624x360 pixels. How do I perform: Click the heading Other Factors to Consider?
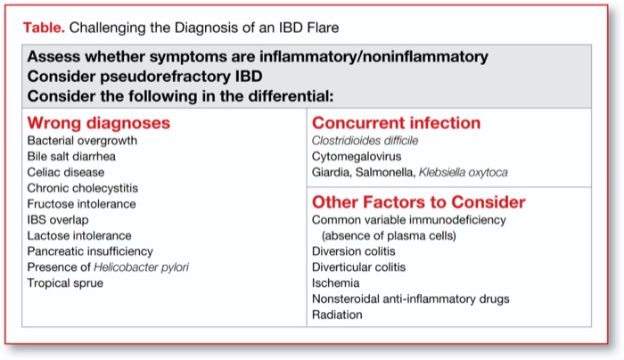418,202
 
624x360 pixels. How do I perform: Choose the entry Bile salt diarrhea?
71,157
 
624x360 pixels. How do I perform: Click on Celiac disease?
66,172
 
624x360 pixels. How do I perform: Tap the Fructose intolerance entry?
81,204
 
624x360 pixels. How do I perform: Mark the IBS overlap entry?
60,220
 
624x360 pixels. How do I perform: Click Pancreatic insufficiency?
90,251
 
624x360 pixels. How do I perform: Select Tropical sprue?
65,283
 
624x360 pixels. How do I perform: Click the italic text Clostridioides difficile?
365,141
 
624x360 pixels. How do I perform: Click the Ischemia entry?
336,282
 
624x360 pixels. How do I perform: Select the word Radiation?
337,315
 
